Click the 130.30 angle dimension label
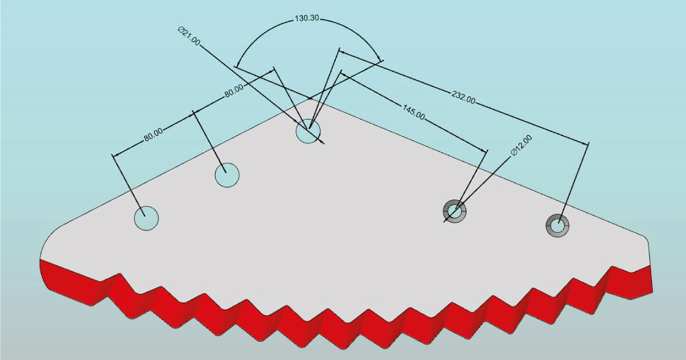[306, 18]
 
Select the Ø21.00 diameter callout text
[189, 37]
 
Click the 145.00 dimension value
[414, 113]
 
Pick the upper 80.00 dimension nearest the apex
[234, 91]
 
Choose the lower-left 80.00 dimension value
[153, 135]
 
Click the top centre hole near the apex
[308, 131]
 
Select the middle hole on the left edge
[227, 175]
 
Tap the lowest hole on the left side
[146, 218]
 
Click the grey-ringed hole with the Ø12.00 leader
[455, 211]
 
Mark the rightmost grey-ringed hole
[557, 226]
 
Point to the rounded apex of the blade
[310, 101]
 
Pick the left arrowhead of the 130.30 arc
[238, 64]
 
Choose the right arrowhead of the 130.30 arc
[380, 58]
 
